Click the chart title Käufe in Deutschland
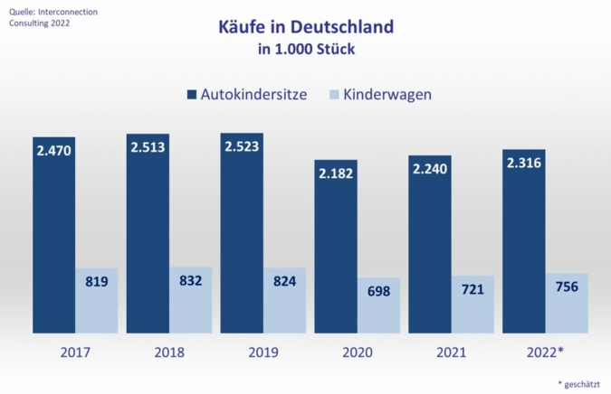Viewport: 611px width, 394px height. pyautogui.click(x=306, y=26)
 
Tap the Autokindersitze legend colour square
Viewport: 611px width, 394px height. pyautogui.click(x=191, y=94)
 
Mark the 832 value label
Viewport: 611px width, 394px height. pyautogui.click(x=191, y=280)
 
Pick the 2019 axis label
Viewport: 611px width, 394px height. pyautogui.click(x=263, y=352)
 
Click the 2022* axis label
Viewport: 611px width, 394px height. pyautogui.click(x=546, y=352)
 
